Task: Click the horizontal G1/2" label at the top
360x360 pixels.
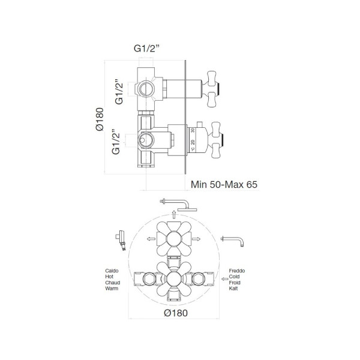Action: tap(146, 49)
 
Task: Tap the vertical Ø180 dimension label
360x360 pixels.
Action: tap(100, 119)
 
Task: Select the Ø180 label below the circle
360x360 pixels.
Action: tap(176, 313)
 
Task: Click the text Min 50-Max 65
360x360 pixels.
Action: tap(224, 184)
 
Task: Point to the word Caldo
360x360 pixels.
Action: tap(112, 271)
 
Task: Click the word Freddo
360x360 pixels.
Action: tap(237, 271)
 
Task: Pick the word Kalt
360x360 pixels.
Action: tap(233, 289)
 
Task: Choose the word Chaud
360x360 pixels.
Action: tap(113, 283)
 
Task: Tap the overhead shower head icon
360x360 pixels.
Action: tap(178, 205)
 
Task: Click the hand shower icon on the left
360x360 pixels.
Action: tap(121, 240)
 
